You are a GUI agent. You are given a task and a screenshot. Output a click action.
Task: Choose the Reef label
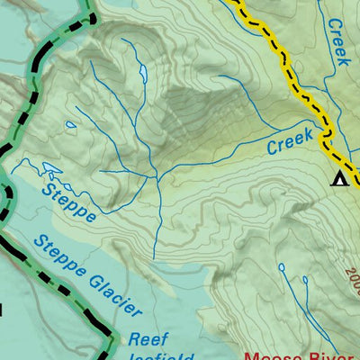(x=148, y=339)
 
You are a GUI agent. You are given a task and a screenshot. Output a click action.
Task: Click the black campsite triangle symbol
(x=340, y=177)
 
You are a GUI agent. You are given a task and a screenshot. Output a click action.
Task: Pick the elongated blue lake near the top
(x=140, y=72)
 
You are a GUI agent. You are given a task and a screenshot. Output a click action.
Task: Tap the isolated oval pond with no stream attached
(x=70, y=126)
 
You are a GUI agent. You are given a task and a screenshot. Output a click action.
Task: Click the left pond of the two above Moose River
(x=281, y=267)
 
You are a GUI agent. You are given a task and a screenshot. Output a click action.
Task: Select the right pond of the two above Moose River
(x=306, y=279)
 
